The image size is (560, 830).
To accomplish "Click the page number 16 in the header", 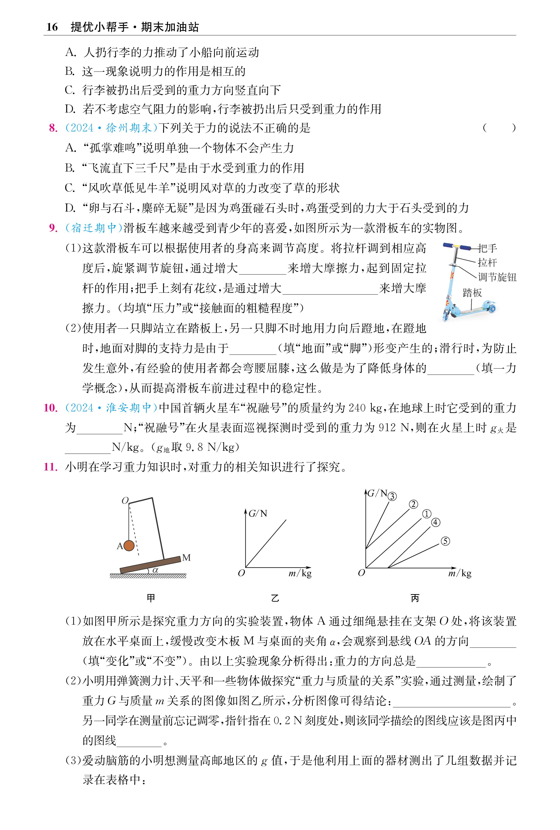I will coord(52,27).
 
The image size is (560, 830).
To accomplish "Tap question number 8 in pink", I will coord(53,128).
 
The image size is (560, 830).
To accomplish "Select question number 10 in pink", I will coord(50,408).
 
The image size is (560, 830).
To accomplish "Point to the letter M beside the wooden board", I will coord(186,557).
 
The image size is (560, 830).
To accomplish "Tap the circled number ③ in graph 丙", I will coord(392,496).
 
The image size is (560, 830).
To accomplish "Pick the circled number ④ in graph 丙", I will coord(435,522).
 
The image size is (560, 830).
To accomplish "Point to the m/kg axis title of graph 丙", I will coord(460,573).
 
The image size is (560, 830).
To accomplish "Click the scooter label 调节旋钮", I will coord(497,277).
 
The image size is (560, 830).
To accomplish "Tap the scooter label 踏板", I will coord(472,293).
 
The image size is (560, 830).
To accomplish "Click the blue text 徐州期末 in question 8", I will coord(129,128).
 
